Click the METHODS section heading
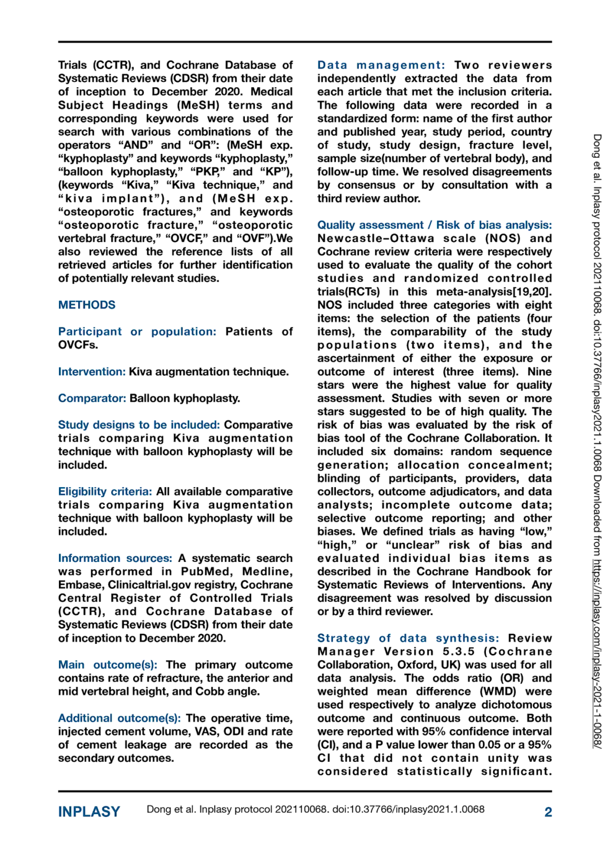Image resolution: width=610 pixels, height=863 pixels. click(87, 305)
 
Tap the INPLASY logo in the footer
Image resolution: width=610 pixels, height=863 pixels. click(89, 812)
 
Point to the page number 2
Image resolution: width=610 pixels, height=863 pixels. click(548, 812)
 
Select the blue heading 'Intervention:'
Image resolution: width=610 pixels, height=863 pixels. click(92, 372)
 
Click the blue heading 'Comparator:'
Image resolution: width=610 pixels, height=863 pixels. click(92, 398)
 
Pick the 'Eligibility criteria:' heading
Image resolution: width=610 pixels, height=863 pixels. click(105, 492)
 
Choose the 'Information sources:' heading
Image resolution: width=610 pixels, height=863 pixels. click(115, 558)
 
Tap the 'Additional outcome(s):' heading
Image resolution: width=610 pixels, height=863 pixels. click(119, 719)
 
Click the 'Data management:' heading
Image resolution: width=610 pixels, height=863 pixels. click(381, 65)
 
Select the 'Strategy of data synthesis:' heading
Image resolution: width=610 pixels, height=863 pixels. click(408, 638)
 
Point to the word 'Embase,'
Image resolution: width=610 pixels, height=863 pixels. click(81, 585)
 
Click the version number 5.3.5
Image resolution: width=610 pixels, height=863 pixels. click(458, 652)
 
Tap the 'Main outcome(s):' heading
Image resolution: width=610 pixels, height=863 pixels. click(107, 665)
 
